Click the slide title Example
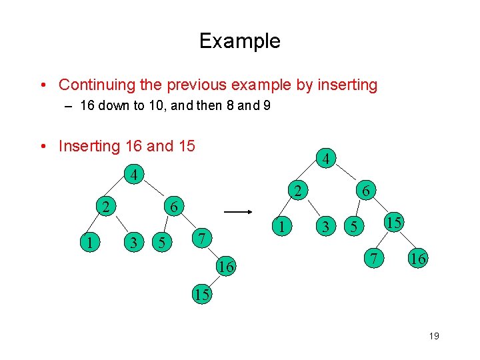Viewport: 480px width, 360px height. pyautogui.click(x=239, y=41)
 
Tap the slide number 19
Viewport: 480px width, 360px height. pyautogui.click(x=433, y=336)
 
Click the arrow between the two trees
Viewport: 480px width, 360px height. pyautogui.click(x=237, y=212)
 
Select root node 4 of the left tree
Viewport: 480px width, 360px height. pyautogui.click(x=134, y=177)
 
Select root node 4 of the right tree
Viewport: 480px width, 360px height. pyautogui.click(x=325, y=159)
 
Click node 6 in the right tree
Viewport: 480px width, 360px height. pyautogui.click(x=366, y=191)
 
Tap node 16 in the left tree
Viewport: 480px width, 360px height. pyautogui.click(x=226, y=267)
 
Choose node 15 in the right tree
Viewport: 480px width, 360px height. pyautogui.click(x=393, y=222)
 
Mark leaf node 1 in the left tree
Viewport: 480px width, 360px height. pyautogui.click(x=89, y=242)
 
